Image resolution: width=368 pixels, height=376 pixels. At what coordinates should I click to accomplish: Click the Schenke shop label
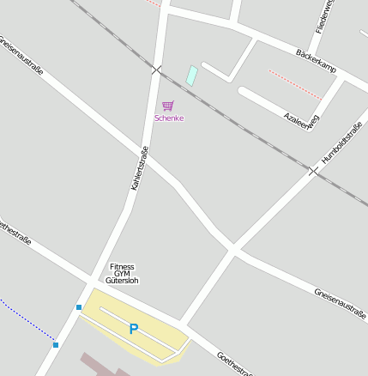[x=169, y=118]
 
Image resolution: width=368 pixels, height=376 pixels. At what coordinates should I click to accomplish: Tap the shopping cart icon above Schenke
[x=168, y=106]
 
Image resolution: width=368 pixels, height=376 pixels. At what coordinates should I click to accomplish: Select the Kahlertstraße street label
[x=140, y=167]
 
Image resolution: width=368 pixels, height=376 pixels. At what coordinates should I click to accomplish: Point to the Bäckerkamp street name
[x=316, y=59]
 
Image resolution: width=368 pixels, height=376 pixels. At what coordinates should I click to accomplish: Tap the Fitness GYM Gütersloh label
[x=122, y=274]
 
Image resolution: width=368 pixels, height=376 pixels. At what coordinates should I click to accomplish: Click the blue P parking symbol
[x=133, y=329]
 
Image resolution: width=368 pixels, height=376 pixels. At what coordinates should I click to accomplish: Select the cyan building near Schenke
[x=191, y=76]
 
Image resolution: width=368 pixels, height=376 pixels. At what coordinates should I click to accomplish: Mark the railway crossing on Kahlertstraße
[x=156, y=70]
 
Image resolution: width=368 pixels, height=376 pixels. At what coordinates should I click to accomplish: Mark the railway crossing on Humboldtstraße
[x=314, y=171]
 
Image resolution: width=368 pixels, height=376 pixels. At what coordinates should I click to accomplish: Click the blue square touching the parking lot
[x=79, y=306]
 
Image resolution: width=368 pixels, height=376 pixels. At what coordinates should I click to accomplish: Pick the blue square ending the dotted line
[x=56, y=345]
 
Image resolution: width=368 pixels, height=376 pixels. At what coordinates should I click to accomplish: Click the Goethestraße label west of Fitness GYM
[x=15, y=233]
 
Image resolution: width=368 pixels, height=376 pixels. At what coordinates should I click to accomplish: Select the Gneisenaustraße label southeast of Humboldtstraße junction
[x=340, y=302]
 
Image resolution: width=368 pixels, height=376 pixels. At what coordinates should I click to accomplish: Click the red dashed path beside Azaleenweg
[x=294, y=85]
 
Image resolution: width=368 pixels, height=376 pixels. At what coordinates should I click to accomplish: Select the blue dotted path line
[x=26, y=321]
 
